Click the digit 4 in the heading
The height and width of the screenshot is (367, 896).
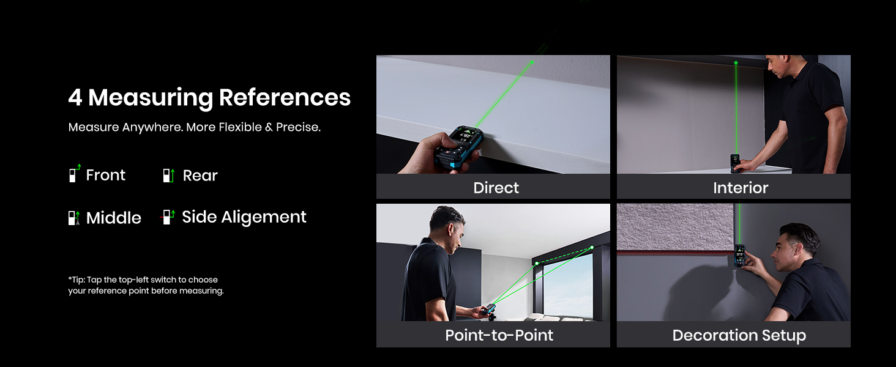[x=75, y=97]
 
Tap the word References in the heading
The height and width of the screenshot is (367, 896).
[x=285, y=97]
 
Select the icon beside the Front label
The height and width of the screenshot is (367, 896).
[x=75, y=173]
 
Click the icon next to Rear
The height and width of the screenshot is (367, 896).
[x=169, y=175]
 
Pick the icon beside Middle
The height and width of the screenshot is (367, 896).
[x=74, y=218]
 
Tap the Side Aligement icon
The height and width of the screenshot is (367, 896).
[x=168, y=217]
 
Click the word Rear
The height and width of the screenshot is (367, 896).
[x=200, y=176]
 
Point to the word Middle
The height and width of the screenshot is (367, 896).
[x=114, y=218]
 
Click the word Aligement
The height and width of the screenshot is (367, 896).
[x=264, y=217]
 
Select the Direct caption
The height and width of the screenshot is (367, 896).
[x=496, y=188]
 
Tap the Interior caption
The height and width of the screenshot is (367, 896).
[x=741, y=188]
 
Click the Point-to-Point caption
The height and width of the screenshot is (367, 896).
[x=499, y=335]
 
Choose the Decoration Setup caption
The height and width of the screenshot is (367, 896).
[x=739, y=335]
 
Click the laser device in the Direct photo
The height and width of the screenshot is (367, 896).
[x=459, y=147]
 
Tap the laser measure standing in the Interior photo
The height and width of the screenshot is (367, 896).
[x=735, y=163]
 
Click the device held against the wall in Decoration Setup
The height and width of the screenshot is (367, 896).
[x=739, y=256]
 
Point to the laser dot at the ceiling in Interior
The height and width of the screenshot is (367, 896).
[x=736, y=63]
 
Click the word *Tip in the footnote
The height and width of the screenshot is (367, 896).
[x=76, y=280]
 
